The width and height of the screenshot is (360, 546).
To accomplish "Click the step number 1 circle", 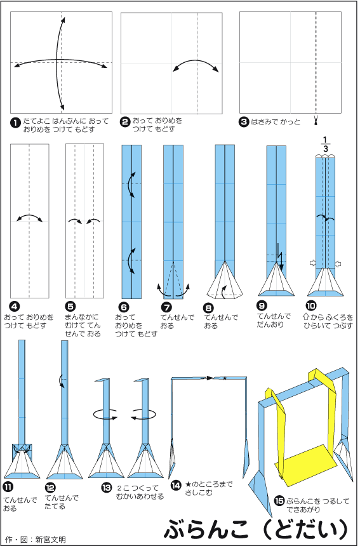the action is (x=15, y=123).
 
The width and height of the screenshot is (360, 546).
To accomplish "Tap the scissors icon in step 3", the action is (x=316, y=121).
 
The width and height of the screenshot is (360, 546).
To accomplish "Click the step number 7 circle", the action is (x=166, y=307).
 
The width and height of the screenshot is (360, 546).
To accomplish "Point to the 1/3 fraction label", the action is (x=325, y=144).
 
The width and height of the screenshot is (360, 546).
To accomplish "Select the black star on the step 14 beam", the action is (x=225, y=378).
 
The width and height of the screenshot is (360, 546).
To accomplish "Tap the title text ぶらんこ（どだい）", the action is (x=256, y=529).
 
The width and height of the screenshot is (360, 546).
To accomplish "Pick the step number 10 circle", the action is (x=311, y=306).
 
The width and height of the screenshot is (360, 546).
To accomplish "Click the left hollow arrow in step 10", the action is (x=312, y=263).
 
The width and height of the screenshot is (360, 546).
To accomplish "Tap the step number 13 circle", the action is (x=107, y=488).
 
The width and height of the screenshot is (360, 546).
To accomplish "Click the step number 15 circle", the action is (x=279, y=501).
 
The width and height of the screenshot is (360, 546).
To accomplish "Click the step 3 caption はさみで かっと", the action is (x=276, y=122).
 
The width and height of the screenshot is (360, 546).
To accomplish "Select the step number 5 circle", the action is (x=70, y=307).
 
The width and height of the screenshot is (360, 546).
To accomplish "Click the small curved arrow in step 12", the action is (x=61, y=380).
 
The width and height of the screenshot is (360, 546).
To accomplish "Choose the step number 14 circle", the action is (x=176, y=485).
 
